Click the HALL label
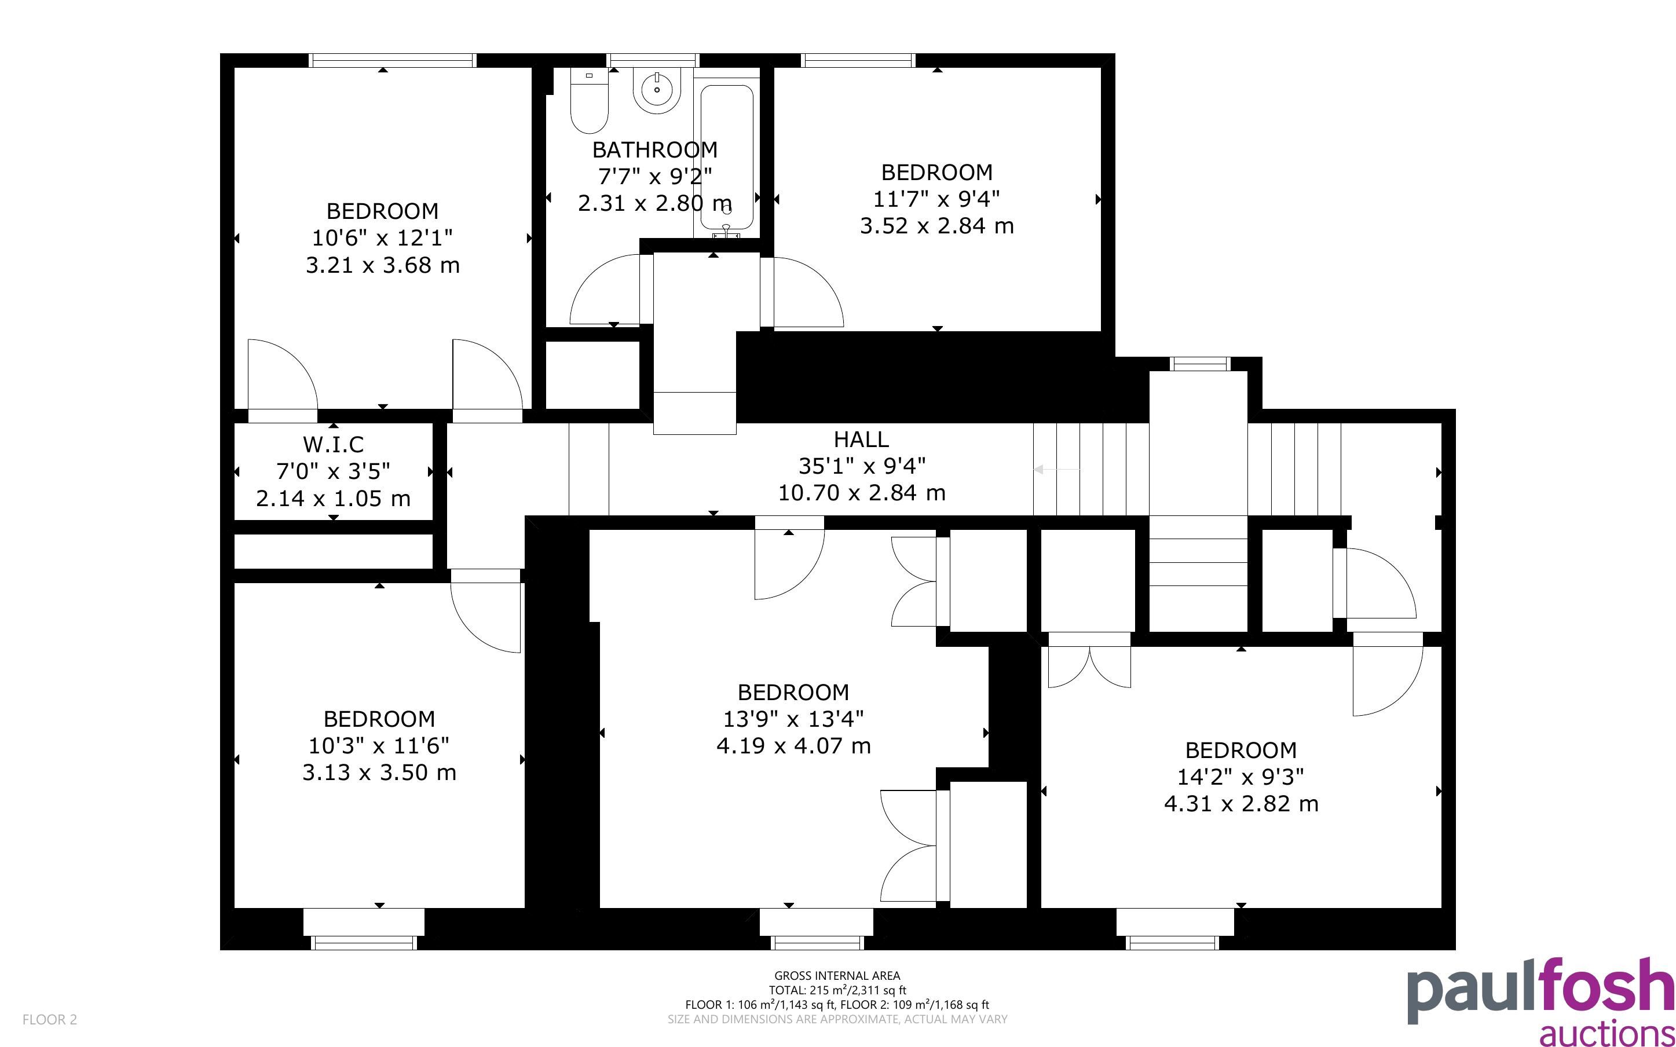pos(861,439)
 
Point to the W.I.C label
pos(333,444)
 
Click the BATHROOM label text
pos(655,149)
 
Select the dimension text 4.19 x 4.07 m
pos(793,746)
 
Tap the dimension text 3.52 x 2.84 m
pos(936,226)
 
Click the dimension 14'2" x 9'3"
pos(1240,777)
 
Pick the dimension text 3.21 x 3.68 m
pos(383,265)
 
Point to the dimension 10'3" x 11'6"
pos(379,746)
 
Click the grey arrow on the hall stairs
pos(1056,470)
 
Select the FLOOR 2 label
pos(50,1019)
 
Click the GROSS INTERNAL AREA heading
pos(837,976)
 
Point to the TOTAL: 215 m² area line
pos(837,990)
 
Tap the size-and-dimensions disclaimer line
pos(837,1019)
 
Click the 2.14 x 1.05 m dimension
pos(333,499)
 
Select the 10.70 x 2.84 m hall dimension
pos(861,493)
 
